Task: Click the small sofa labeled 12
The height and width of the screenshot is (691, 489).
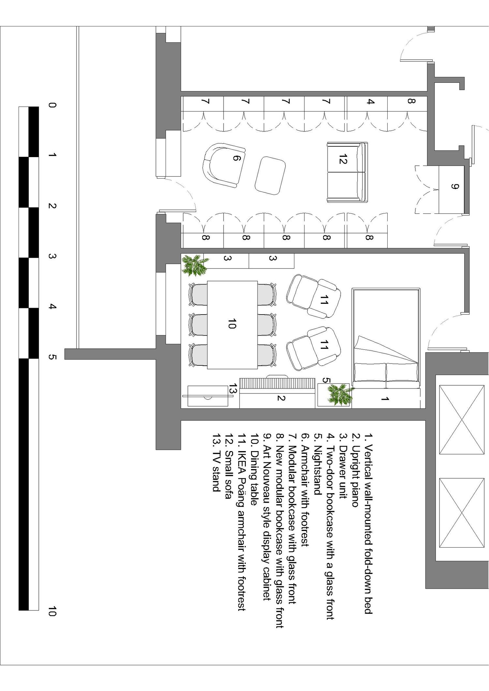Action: coord(347,172)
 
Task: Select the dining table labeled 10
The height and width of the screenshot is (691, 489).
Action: coord(232,325)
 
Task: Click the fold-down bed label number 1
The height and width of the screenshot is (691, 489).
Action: coord(385,399)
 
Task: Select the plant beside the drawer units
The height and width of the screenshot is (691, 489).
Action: coord(195,265)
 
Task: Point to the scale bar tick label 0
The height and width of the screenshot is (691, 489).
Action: coord(52,105)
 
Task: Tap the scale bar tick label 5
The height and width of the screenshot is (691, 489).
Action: coord(52,357)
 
